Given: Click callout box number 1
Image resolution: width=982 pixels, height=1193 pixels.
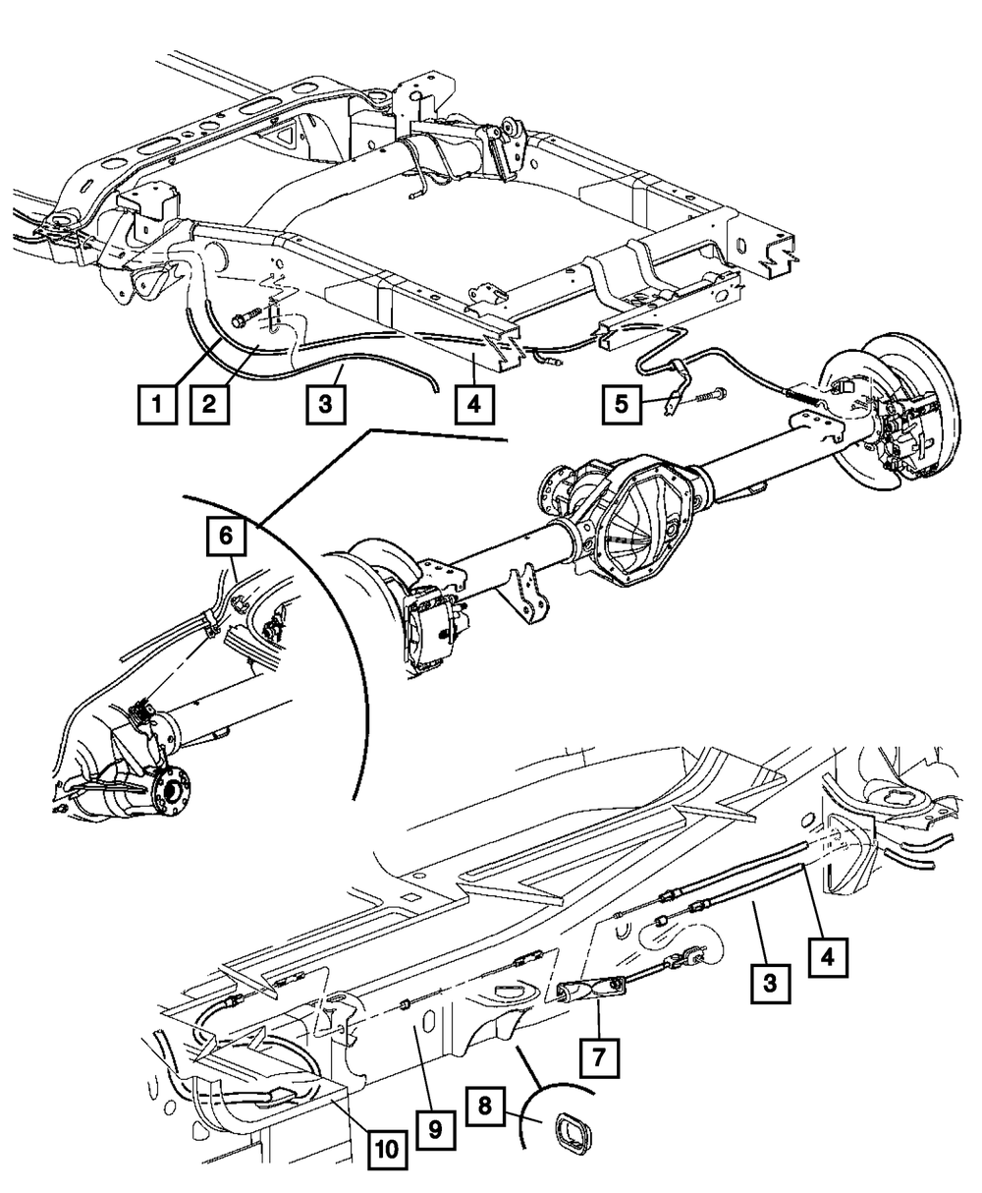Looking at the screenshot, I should coord(151,403).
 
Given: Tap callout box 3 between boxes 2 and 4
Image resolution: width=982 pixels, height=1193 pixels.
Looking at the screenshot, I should coord(323,403).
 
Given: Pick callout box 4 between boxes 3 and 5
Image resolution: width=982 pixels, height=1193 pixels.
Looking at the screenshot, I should coord(474,403).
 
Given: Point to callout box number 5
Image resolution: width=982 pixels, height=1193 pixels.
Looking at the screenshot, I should coord(621,403).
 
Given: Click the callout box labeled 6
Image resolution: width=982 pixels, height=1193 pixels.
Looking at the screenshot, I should coord(226,537).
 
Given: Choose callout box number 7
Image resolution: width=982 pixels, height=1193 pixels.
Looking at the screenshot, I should coord(599,1057).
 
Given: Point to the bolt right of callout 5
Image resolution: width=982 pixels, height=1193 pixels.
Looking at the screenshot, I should coord(708,398).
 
